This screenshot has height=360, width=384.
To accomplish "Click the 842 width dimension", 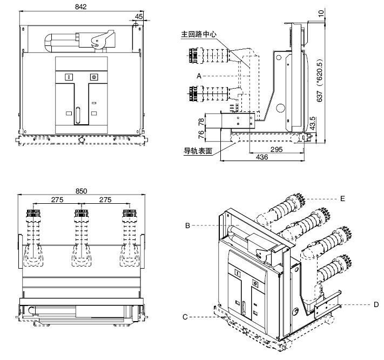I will pyautogui.click(x=80, y=6).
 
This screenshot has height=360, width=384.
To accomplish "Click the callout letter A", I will pyautogui.click(x=199, y=76).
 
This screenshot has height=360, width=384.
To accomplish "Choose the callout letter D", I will pyautogui.click(x=376, y=305).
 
